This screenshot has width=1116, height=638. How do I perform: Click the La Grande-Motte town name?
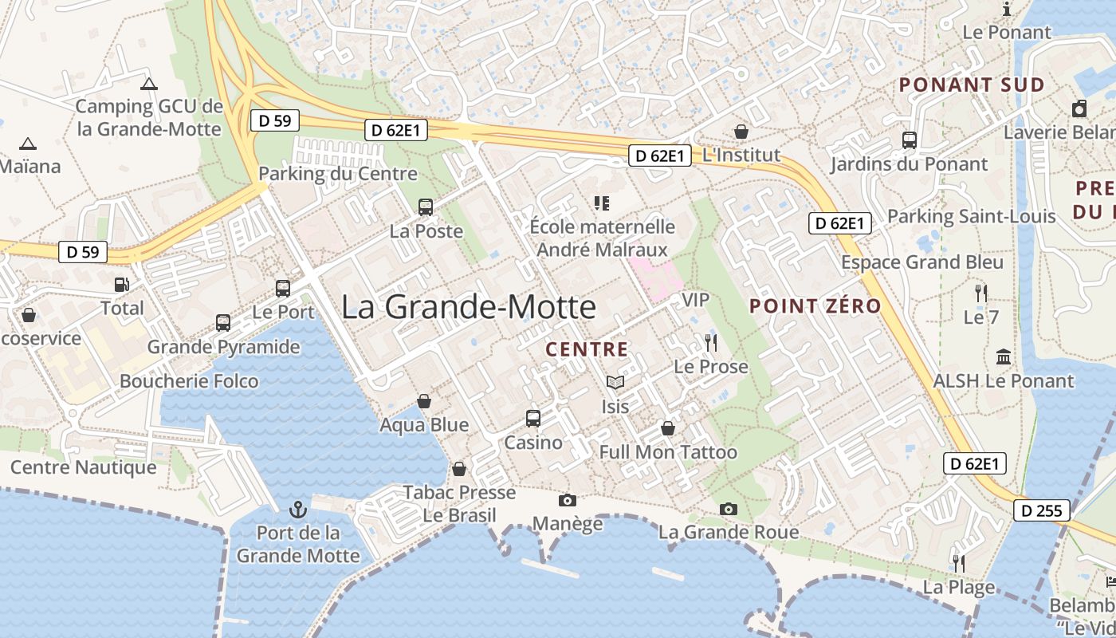coord(469,307)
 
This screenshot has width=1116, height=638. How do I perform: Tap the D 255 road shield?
coord(1041,510)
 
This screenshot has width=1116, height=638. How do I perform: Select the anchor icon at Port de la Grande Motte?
coord(297,509)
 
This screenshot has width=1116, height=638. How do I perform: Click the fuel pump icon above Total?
coord(121,285)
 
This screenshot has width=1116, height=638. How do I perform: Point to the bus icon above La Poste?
coord(426,207)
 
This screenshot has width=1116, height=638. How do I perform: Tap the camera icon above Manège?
coord(568,500)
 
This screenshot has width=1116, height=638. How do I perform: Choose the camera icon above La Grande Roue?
coord(728,509)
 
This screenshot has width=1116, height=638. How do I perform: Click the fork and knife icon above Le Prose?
coord(711,343)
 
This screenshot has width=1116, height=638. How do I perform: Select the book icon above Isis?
coord(614,383)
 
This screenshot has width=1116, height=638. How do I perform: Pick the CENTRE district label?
coord(587,349)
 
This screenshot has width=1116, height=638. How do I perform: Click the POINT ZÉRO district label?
coord(815,305)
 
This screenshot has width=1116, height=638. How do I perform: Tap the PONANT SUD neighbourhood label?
coord(972,85)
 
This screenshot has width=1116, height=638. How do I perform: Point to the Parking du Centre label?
coord(338,174)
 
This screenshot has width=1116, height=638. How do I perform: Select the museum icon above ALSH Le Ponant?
coord(1004,356)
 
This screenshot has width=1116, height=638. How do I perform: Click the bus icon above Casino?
coord(532,418)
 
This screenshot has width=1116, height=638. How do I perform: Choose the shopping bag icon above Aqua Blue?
coord(424,400)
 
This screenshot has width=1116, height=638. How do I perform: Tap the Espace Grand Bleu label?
coord(922,262)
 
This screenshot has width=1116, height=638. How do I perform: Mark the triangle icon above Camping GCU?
coord(149,84)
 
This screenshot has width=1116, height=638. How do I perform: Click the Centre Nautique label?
coord(84,467)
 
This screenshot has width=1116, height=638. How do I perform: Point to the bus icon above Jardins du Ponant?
coord(909,140)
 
